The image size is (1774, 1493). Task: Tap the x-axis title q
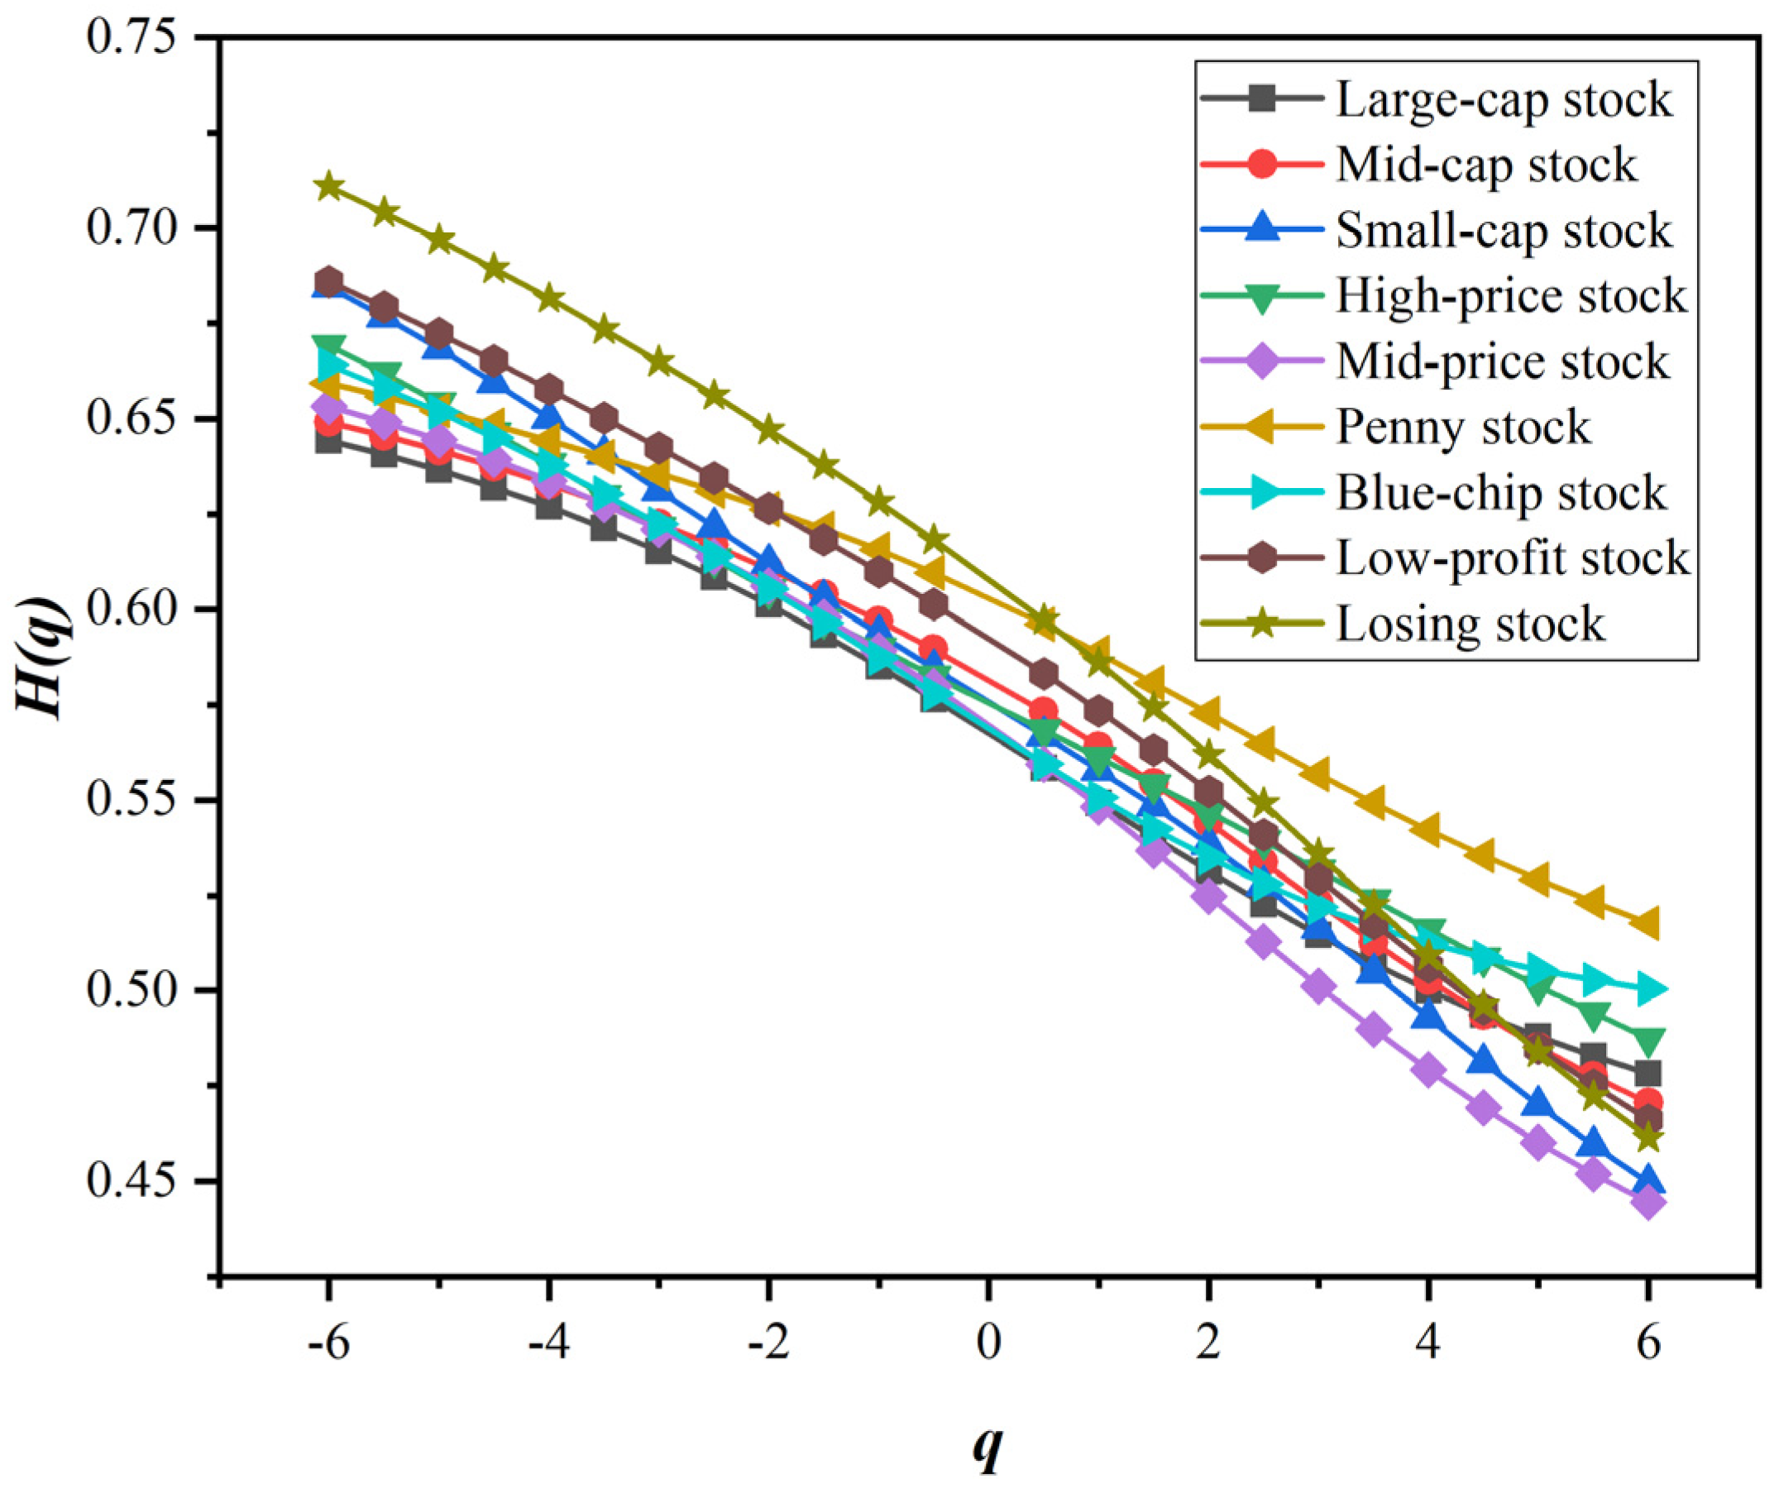coord(987,1449)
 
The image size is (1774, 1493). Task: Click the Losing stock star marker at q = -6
coord(328,186)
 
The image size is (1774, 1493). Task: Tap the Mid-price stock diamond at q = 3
coord(1318,987)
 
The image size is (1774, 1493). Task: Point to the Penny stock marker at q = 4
coord(1427,830)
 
